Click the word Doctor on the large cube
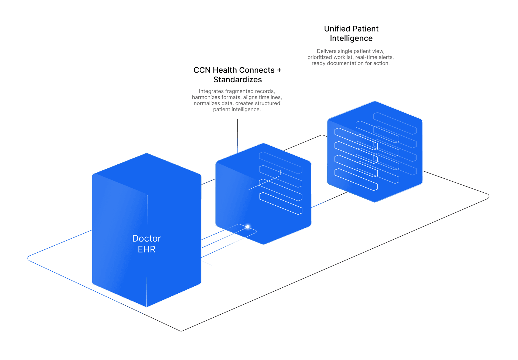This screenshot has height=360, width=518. pyautogui.click(x=146, y=239)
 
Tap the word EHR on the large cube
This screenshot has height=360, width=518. pyautogui.click(x=146, y=249)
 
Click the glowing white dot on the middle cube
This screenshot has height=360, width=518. pyautogui.click(x=248, y=227)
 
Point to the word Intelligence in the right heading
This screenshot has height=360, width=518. pyautogui.click(x=351, y=38)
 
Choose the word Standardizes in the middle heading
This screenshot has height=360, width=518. pyautogui.click(x=237, y=80)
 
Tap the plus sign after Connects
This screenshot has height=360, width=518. pyautogui.click(x=279, y=70)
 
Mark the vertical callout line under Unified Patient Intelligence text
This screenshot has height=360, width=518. pyautogui.click(x=351, y=93)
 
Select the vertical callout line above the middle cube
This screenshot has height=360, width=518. pyautogui.click(x=237, y=136)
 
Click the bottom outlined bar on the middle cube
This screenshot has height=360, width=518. pyautogui.click(x=281, y=203)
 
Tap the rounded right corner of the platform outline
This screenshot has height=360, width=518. pyautogui.click(x=488, y=196)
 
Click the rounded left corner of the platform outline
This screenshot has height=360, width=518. pyautogui.click(x=28, y=258)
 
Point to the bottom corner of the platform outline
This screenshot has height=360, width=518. pyautogui.click(x=181, y=331)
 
